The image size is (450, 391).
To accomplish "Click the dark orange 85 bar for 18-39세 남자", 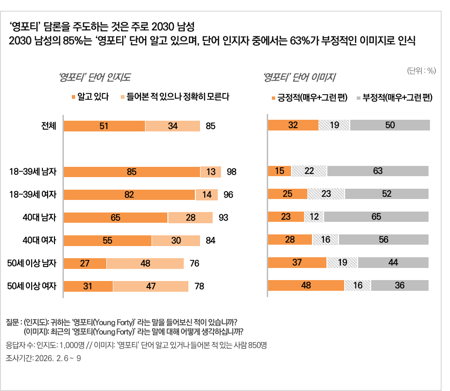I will [132, 172].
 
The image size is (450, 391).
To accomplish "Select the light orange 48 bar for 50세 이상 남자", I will [145, 263].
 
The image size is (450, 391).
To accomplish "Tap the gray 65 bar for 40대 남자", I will [376, 217].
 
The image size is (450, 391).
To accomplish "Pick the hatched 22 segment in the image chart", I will [309, 171].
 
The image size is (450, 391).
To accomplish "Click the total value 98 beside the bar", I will [232, 172].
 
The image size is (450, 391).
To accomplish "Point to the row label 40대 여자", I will [40, 240].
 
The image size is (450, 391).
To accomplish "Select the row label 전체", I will [49, 126].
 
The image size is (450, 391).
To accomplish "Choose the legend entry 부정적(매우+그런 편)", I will [395, 98].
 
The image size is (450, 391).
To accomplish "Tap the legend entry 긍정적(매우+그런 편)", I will [309, 98].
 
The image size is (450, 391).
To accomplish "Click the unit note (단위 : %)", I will [422, 71].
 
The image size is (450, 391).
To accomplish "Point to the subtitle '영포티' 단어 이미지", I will [300, 77].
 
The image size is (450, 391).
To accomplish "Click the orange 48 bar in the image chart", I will [306, 285].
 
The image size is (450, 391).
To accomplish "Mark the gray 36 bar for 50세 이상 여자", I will [400, 285].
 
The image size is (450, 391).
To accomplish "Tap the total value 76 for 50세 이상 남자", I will [194, 263].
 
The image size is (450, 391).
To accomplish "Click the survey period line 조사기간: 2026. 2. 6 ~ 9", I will [43, 359].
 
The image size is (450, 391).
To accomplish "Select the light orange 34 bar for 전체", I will [173, 126].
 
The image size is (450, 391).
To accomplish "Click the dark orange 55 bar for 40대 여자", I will [107, 240].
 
